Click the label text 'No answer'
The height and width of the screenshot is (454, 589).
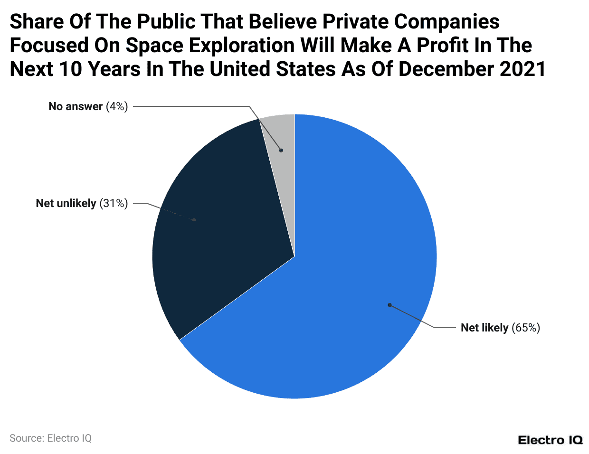pos(76,106)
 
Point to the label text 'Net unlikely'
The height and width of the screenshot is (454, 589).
pos(66,203)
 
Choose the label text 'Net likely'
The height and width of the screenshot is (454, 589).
pos(484,328)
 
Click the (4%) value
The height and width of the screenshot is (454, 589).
pos(117,106)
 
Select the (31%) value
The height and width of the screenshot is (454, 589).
pos(114,203)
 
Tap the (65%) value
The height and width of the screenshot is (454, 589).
pos(526,328)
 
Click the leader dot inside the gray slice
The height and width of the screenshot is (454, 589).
pos(281,150)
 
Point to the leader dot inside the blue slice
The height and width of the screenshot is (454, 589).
pos(389,305)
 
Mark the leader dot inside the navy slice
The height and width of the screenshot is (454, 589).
pos(194,220)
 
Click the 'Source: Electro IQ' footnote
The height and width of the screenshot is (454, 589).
pos(50,438)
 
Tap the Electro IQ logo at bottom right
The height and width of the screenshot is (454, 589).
pos(550,440)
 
